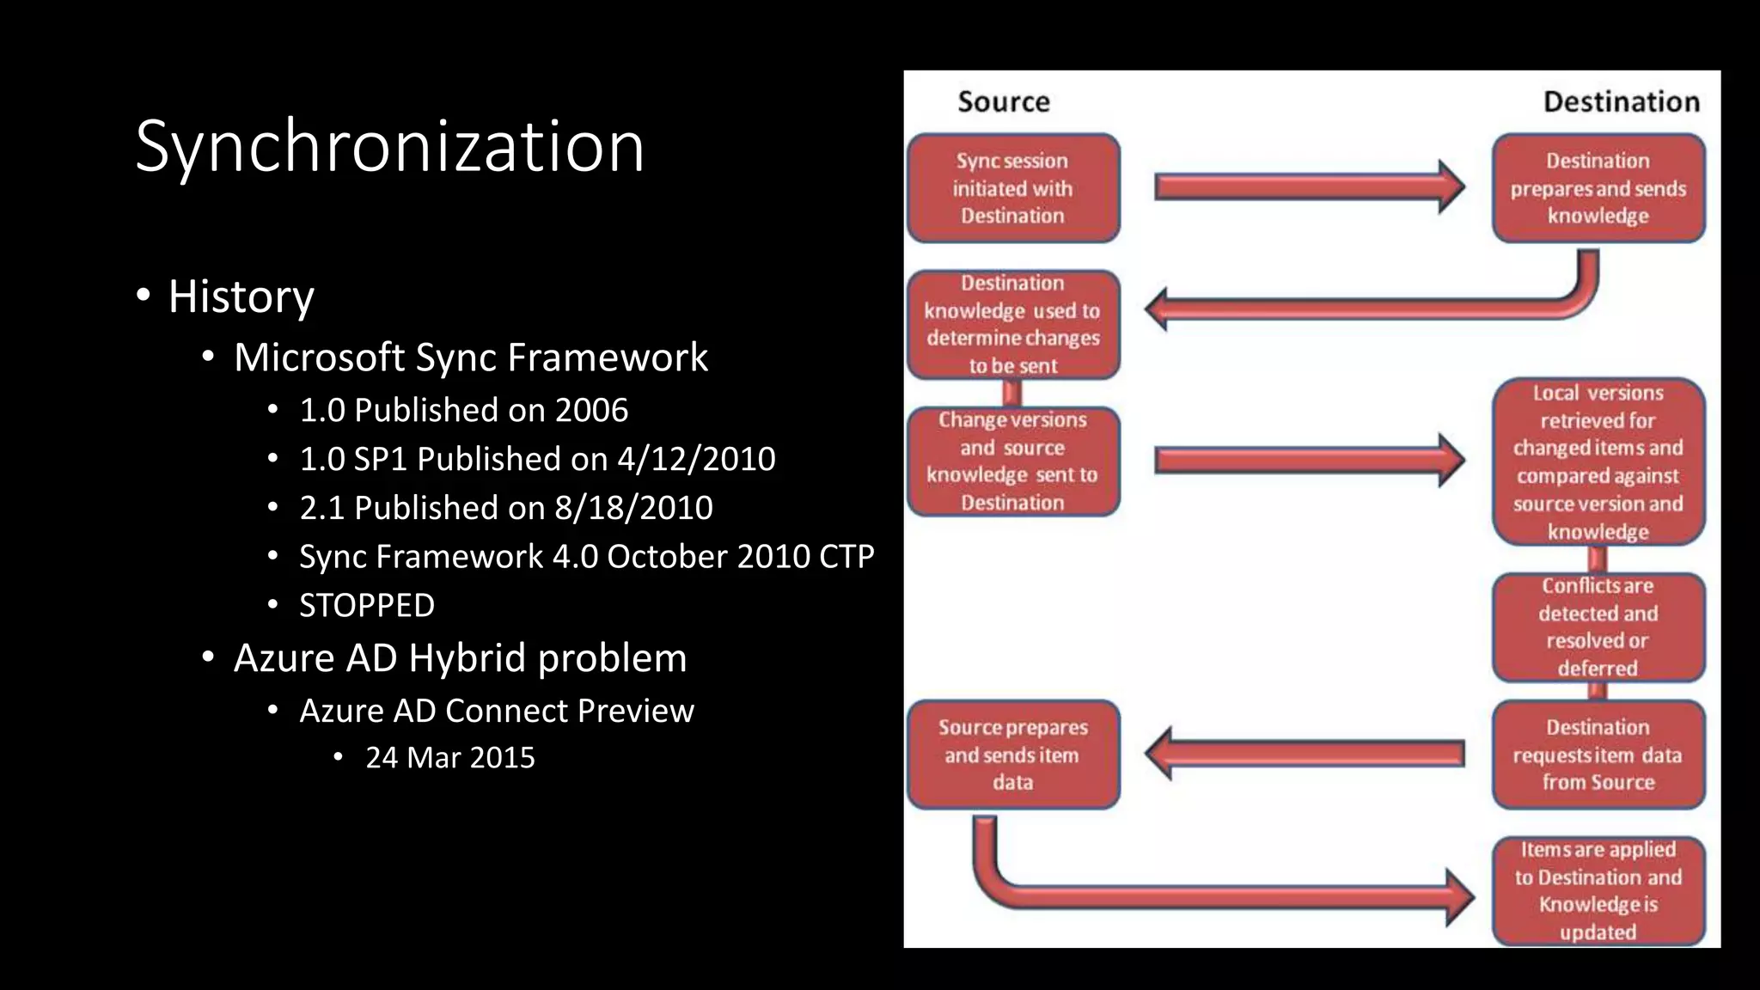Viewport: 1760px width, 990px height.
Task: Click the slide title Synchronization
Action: tap(389, 147)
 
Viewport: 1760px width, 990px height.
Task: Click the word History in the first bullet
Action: tap(241, 296)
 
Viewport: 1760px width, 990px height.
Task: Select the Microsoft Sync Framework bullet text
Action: tap(470, 357)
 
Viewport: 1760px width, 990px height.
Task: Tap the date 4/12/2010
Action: tap(696, 459)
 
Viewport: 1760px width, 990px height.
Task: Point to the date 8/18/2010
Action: tap(633, 508)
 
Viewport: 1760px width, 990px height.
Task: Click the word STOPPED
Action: tap(366, 606)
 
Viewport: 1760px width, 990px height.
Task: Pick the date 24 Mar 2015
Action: tap(449, 758)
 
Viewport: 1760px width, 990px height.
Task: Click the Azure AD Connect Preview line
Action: tap(496, 712)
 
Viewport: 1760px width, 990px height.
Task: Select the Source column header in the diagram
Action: tap(1003, 102)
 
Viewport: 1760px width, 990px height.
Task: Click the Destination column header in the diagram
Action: tap(1621, 102)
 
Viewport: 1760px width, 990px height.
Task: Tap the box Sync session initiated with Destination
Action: tap(1012, 188)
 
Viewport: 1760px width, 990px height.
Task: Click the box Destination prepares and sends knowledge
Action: tap(1598, 188)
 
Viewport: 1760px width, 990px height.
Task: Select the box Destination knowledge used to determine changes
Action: tap(1012, 324)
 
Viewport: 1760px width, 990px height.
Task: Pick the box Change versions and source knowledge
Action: tap(1012, 461)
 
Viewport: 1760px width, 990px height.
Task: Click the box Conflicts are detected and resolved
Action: tap(1598, 626)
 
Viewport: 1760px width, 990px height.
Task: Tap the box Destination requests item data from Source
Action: tap(1598, 755)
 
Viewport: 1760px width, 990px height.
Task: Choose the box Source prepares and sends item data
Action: tap(1012, 755)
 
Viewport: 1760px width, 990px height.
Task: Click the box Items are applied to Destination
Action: tap(1598, 890)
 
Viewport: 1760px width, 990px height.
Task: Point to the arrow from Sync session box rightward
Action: tap(1306, 186)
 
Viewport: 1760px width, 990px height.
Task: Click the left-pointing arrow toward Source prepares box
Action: tap(1306, 754)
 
